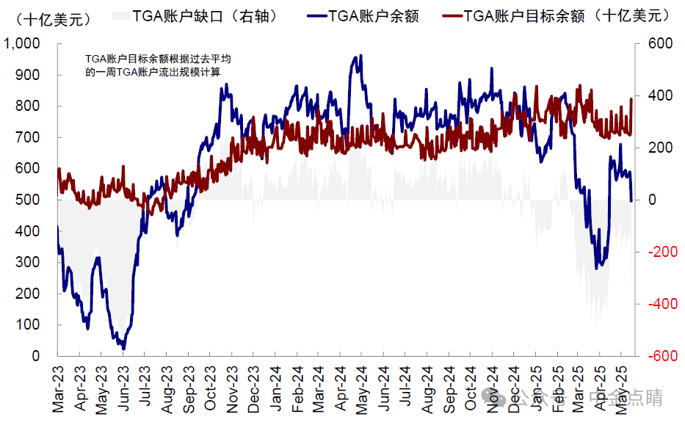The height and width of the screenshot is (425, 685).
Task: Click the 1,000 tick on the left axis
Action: tap(24, 44)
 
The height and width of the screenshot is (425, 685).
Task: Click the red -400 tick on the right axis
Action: tap(658, 304)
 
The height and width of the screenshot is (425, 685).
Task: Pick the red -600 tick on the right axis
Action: tap(658, 356)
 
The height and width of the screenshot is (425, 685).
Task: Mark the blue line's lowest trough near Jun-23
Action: tap(123, 349)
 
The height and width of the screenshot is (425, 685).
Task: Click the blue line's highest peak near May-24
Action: tap(360, 56)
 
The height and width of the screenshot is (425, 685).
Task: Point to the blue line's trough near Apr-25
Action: tap(596, 268)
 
